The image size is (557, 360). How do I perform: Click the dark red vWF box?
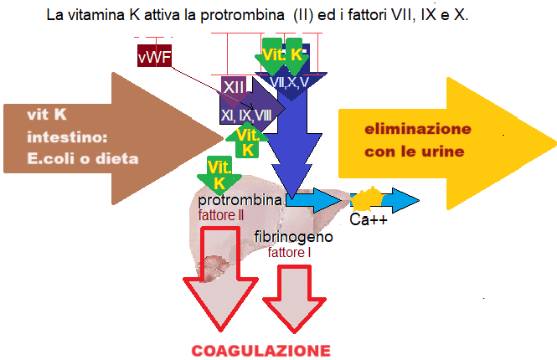pos(152,56)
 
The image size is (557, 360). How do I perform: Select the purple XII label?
pos(235,86)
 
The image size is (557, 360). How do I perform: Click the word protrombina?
pos(240,201)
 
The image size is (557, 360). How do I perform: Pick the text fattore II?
pos(221,215)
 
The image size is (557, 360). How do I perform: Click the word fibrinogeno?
pos(294,237)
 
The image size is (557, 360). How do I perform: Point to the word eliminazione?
pos(417,130)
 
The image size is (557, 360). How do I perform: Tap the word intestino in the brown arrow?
pos(67,136)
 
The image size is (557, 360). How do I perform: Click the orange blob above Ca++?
pos(367,199)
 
